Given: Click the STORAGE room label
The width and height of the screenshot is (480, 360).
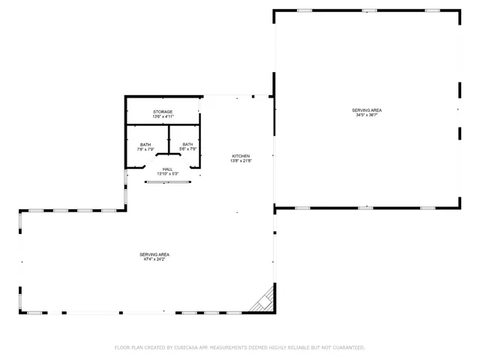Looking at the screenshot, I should pos(163,112).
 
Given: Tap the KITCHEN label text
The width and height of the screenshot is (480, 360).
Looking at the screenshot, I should pos(240,156).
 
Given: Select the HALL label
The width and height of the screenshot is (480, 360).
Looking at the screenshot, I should pos(167,169).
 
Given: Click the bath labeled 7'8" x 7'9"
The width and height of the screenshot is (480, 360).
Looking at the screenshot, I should pos(145,144).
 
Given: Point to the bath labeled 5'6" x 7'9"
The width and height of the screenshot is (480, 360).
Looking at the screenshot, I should pos(187,144).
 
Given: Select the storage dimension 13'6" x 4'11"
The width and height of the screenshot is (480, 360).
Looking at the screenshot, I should pos(163,117).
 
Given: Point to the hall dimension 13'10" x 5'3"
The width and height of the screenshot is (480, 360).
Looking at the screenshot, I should pos(167,174).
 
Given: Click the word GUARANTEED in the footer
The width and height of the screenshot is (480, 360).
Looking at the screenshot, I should pos(346,348).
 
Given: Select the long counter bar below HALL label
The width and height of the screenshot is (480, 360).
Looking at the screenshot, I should pos(167,181).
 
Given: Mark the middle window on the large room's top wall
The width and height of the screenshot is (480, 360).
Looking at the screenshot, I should pos(369,10).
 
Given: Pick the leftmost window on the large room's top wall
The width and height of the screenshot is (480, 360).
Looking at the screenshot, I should pos(304,10).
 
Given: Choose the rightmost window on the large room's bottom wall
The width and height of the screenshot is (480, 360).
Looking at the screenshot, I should pos(428,208).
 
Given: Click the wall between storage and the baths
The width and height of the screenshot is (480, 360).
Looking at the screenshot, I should pos(163,124).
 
